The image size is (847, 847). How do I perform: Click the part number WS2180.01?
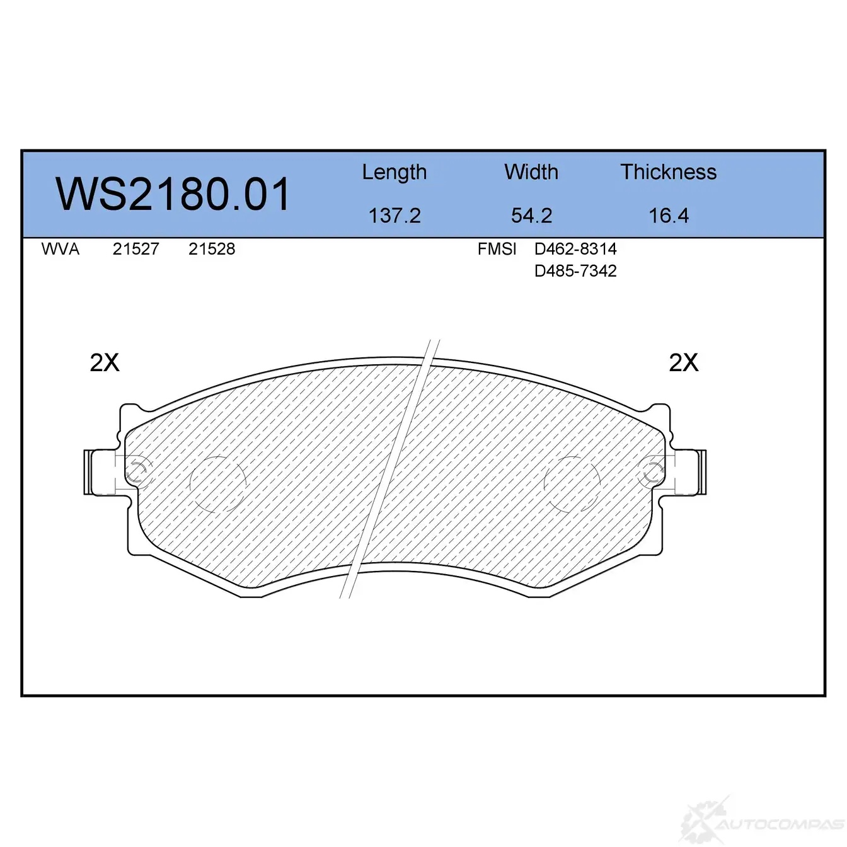(x=173, y=194)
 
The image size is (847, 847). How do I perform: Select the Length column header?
(x=395, y=173)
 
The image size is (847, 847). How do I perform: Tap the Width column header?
(x=531, y=172)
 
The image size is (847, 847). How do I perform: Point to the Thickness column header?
(x=668, y=172)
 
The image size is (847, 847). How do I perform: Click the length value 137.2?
(x=395, y=216)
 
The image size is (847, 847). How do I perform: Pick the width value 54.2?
(x=531, y=216)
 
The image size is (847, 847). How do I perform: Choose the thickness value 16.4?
(x=668, y=216)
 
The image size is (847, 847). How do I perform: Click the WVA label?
(x=60, y=249)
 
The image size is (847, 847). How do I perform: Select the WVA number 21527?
(x=135, y=249)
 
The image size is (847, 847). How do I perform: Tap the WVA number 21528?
(x=211, y=249)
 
